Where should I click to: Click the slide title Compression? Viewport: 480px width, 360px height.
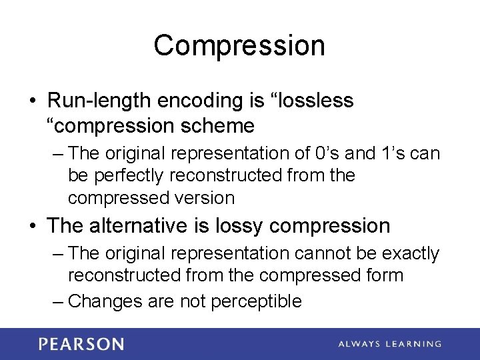pos(239,46)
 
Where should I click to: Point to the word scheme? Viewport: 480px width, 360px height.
pos(222,125)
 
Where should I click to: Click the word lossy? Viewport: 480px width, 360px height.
pos(240,226)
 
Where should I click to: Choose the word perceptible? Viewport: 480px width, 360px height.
pos(257,301)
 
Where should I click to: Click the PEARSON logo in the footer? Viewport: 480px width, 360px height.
pos(81,344)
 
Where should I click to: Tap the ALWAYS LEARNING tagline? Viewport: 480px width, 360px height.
pos(390,344)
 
